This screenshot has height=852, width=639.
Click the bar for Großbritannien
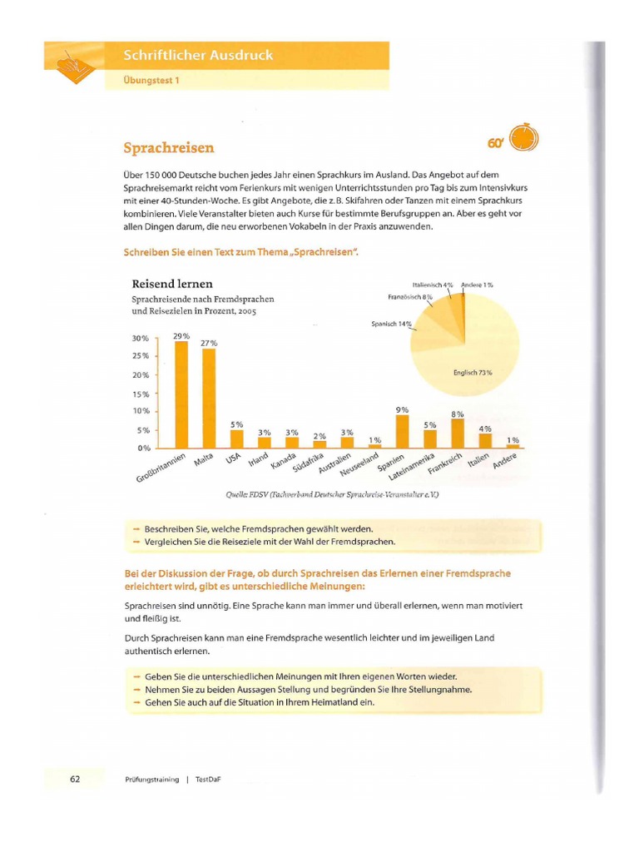[181, 394]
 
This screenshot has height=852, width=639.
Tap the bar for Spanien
[402, 431]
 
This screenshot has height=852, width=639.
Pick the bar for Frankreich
[457, 433]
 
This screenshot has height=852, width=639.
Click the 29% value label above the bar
[181, 336]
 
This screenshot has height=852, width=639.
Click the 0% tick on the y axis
[143, 448]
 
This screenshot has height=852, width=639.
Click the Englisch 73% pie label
[473, 373]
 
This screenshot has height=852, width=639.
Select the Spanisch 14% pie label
[391, 324]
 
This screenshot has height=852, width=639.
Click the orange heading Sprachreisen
[169, 148]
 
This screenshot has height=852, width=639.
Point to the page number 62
[75, 779]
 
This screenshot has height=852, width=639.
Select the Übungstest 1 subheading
[151, 81]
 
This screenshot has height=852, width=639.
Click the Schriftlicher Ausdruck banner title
[198, 56]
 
